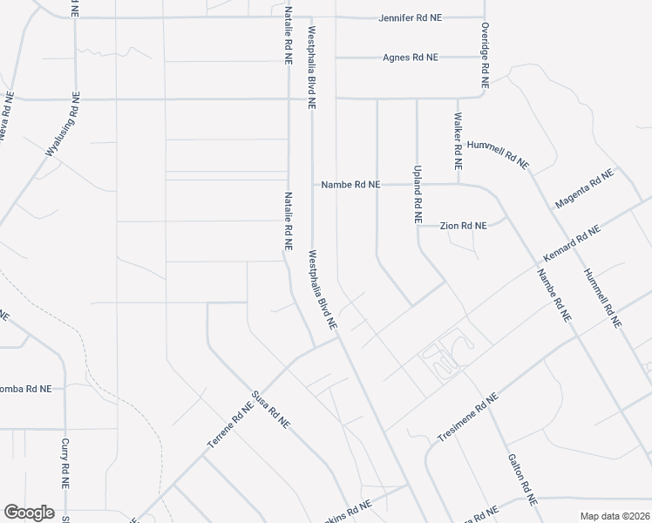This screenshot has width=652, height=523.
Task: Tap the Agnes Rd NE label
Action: (410, 58)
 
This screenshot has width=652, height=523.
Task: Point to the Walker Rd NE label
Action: (457, 140)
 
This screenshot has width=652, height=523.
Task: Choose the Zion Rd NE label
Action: (463, 226)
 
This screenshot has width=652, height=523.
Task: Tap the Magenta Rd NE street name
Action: (583, 189)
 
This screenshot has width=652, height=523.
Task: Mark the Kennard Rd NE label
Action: (571, 245)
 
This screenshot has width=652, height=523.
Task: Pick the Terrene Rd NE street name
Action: (230, 425)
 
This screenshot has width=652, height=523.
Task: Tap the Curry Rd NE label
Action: (65, 463)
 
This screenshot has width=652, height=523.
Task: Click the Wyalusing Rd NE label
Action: (63, 125)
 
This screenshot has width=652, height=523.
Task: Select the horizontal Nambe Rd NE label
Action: (350, 185)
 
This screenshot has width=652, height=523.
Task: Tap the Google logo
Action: (29, 512)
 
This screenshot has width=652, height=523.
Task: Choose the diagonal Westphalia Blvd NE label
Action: (322, 290)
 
